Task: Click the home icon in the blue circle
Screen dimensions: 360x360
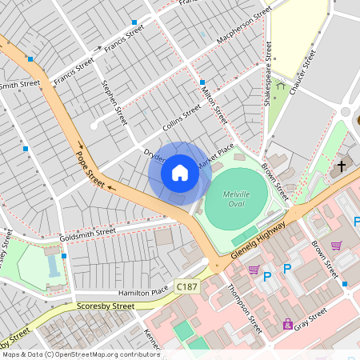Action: pyautogui.click(x=180, y=172)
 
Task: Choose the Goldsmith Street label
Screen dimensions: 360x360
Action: pyautogui.click(x=88, y=234)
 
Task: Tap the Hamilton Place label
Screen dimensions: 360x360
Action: pyautogui.click(x=145, y=293)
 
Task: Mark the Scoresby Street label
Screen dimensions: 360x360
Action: pyautogui.click(x=106, y=306)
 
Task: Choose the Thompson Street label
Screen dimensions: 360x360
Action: pyautogui.click(x=244, y=308)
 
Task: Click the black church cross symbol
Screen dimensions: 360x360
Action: pyautogui.click(x=342, y=166)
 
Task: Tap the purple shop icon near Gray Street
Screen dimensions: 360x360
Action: pyautogui.click(x=287, y=324)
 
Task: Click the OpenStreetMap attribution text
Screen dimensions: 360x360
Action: pyautogui.click(x=80, y=354)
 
